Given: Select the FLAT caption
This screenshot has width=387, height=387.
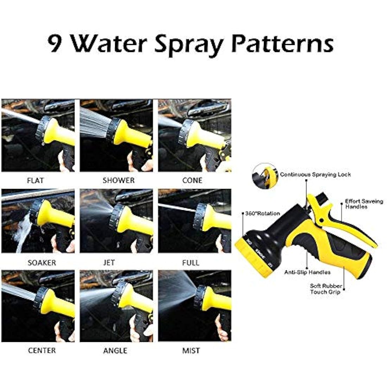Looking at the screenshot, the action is click(35, 180).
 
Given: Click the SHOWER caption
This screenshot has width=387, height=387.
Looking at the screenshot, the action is click(119, 180).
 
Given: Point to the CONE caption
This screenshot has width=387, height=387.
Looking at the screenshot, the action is click(192, 180).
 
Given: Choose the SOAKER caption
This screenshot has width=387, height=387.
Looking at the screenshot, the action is click(42, 262).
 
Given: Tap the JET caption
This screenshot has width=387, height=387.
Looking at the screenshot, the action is click(109, 262).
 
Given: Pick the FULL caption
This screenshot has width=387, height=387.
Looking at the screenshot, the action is click(191, 262).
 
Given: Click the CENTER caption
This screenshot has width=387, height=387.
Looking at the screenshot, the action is click(42, 350).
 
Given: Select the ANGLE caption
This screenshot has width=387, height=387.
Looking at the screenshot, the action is click(115, 350).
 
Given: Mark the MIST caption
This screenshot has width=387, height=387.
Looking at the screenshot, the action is click(191, 350).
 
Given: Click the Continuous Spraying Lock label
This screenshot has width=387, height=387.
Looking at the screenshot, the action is click(316, 175).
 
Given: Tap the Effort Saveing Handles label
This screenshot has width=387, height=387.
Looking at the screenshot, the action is click(364, 204).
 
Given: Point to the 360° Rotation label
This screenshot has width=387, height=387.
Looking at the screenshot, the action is click(262, 213).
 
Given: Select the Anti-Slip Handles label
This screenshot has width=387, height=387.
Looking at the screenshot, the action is click(307, 272).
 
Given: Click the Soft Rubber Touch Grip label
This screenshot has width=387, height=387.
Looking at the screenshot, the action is click(326, 289).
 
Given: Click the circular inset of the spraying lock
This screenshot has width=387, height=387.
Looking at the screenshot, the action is click(265, 176).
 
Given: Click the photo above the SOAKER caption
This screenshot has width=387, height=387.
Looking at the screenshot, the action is click(38, 221).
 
